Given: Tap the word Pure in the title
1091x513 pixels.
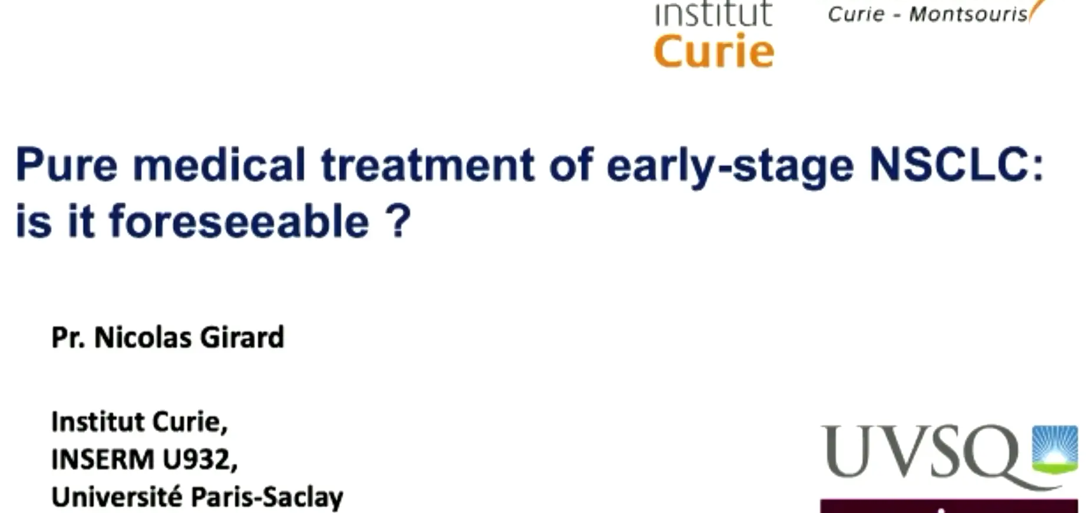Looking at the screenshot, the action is (66, 164).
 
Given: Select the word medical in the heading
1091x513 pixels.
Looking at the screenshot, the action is (219, 164).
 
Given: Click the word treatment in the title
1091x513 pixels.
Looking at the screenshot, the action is (428, 165).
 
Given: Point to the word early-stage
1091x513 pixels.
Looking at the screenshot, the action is (730, 168).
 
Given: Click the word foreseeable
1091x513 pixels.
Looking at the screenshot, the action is (239, 221).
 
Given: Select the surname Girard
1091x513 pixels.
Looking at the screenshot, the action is (242, 337).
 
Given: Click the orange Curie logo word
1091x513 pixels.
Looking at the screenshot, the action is (714, 51).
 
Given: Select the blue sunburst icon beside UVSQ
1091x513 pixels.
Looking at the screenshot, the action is (1054, 449).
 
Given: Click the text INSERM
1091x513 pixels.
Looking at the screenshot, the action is (103, 459).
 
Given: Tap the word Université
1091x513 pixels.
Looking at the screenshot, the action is (117, 496).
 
